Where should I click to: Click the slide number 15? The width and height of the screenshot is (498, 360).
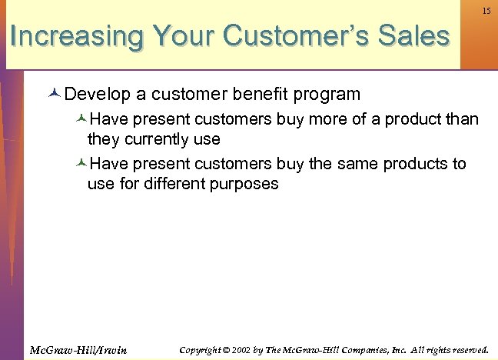click(x=486, y=11)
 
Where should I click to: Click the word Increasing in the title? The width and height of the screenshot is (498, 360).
click(x=77, y=36)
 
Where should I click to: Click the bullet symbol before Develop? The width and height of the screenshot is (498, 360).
click(x=54, y=95)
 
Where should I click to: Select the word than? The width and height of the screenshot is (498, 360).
click(x=461, y=120)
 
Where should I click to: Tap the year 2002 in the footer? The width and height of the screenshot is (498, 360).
click(x=237, y=350)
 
